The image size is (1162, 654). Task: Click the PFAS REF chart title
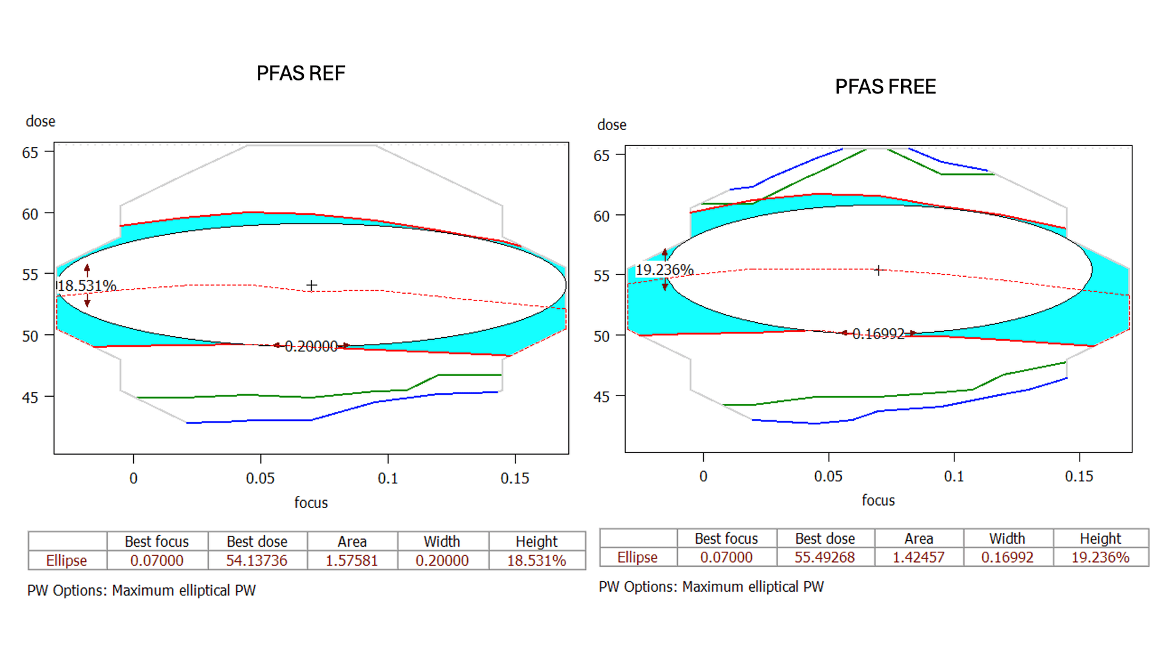(x=301, y=73)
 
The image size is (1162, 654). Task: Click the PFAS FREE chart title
(x=885, y=87)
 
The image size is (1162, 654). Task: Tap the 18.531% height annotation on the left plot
(x=87, y=285)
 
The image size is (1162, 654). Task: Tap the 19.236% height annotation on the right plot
(x=664, y=269)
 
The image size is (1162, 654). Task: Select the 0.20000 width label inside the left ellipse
(x=311, y=346)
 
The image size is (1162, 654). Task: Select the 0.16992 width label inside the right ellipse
(x=878, y=334)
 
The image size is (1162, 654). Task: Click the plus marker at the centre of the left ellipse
(x=312, y=285)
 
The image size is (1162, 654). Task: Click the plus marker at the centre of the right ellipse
(x=879, y=270)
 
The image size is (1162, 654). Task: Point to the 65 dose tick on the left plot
(x=30, y=153)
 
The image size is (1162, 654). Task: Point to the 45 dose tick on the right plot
(x=602, y=397)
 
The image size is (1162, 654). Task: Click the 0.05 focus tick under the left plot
(x=260, y=478)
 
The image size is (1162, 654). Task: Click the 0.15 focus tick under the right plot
(x=1079, y=476)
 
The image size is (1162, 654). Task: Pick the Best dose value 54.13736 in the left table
(x=257, y=561)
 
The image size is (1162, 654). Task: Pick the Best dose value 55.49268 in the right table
(x=824, y=557)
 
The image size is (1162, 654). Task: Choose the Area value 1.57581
(x=352, y=561)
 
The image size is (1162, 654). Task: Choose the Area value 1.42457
(x=918, y=557)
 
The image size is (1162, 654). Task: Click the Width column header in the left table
(x=442, y=541)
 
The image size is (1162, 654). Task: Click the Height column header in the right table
(x=1100, y=538)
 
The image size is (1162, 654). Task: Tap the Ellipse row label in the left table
(x=67, y=561)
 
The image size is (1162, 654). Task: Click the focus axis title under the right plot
(x=878, y=500)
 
